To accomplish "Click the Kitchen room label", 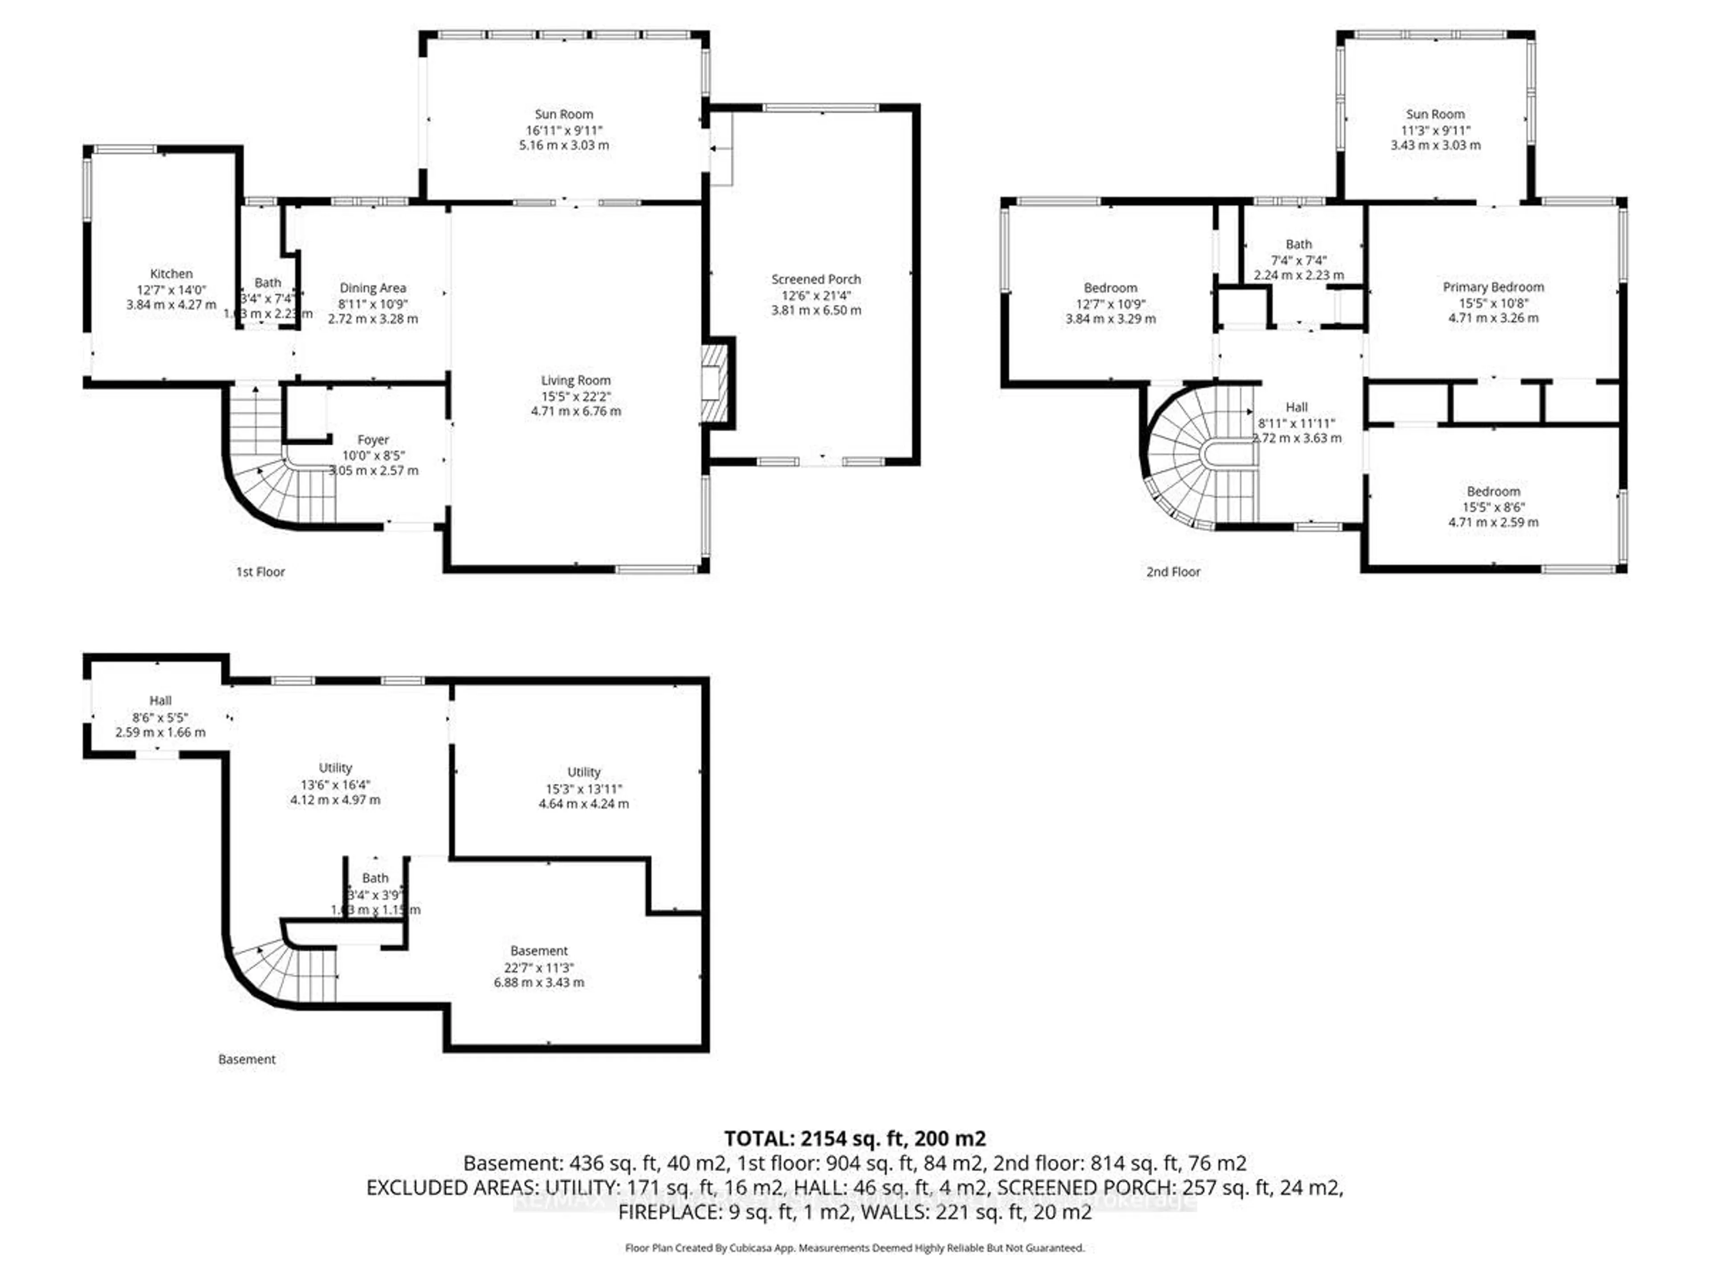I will pos(171,274).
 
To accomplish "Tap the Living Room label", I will pos(575,380).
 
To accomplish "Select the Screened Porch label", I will pos(815,279).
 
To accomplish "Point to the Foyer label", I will pos(373,439).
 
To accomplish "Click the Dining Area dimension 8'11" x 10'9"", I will pos(373,304).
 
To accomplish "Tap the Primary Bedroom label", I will pos(1493,287).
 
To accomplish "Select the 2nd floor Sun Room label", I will pos(1435,114).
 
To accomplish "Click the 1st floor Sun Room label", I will pos(564,114).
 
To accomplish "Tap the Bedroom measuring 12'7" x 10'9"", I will pos(1110,288).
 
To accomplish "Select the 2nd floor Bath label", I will pos(1299,245).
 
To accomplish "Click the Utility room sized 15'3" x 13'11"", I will pos(584,772).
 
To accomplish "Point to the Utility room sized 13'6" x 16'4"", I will pos(335,768).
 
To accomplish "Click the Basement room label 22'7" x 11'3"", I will pos(539,951).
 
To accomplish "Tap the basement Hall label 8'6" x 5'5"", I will pos(160,701).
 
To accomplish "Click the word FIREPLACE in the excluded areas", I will pos(666,1212).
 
